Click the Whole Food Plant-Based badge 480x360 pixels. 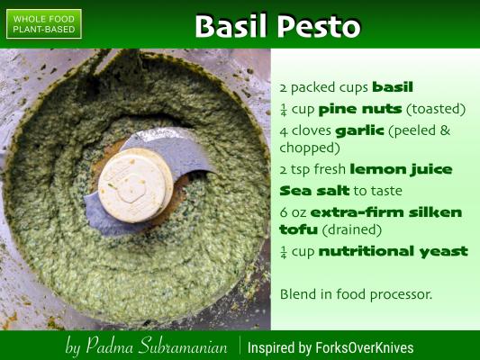pos(44,24)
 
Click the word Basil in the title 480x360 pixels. pos(231,26)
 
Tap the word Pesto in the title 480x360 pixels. pos(319,26)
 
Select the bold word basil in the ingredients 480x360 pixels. pos(393,87)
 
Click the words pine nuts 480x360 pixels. pos(360,109)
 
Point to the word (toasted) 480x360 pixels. pos(436,109)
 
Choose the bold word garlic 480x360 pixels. pos(359,130)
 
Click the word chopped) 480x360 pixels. pos(310,148)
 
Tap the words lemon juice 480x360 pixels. pos(401,169)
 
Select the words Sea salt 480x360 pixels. pos(314,191)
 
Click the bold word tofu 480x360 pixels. pos(298,229)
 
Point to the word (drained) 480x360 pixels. pos(352,229)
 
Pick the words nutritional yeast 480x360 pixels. pos(393,252)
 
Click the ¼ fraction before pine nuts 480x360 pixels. pos(283,110)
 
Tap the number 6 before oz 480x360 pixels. pos(284,212)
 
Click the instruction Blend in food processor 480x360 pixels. pos(356,294)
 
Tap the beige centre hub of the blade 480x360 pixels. pos(135,185)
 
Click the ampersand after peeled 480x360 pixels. pos(445,130)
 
